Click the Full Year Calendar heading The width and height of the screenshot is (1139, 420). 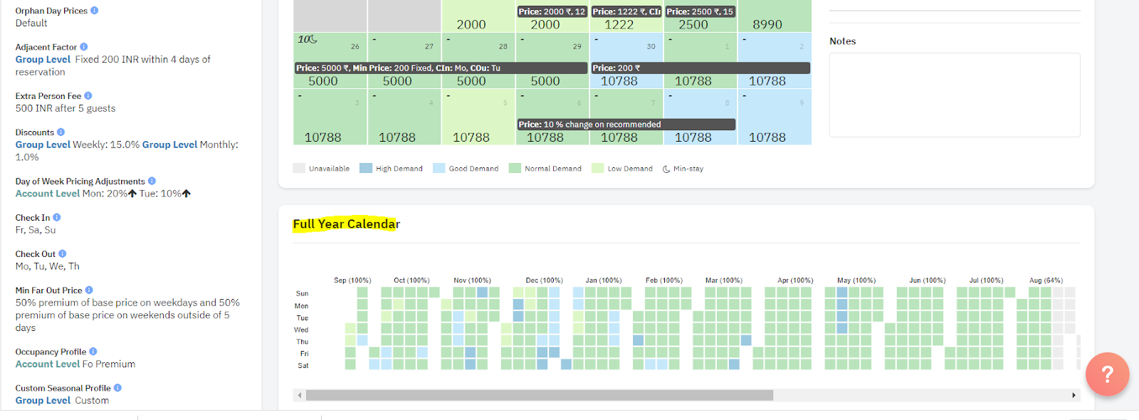(x=346, y=224)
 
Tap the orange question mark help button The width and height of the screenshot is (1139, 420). (x=1107, y=374)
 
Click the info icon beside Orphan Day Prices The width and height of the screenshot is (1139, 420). (x=95, y=11)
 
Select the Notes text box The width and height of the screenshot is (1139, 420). (x=954, y=95)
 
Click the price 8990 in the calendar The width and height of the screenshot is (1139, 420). (x=767, y=25)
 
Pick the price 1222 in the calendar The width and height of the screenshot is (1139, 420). (x=619, y=25)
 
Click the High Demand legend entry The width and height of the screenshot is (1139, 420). (x=391, y=169)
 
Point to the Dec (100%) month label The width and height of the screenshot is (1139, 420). (x=544, y=280)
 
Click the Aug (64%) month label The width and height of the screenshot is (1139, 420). (x=1046, y=280)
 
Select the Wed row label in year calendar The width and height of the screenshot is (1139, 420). (x=301, y=330)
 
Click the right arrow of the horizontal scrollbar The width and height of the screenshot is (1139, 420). (x=1074, y=395)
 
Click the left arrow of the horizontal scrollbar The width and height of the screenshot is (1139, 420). (x=300, y=395)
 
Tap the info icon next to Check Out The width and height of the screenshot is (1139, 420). (x=63, y=254)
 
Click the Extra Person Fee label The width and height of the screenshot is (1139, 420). (x=48, y=96)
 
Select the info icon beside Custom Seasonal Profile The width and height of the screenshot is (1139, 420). (x=117, y=388)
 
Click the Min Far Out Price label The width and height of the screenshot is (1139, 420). (x=48, y=290)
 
